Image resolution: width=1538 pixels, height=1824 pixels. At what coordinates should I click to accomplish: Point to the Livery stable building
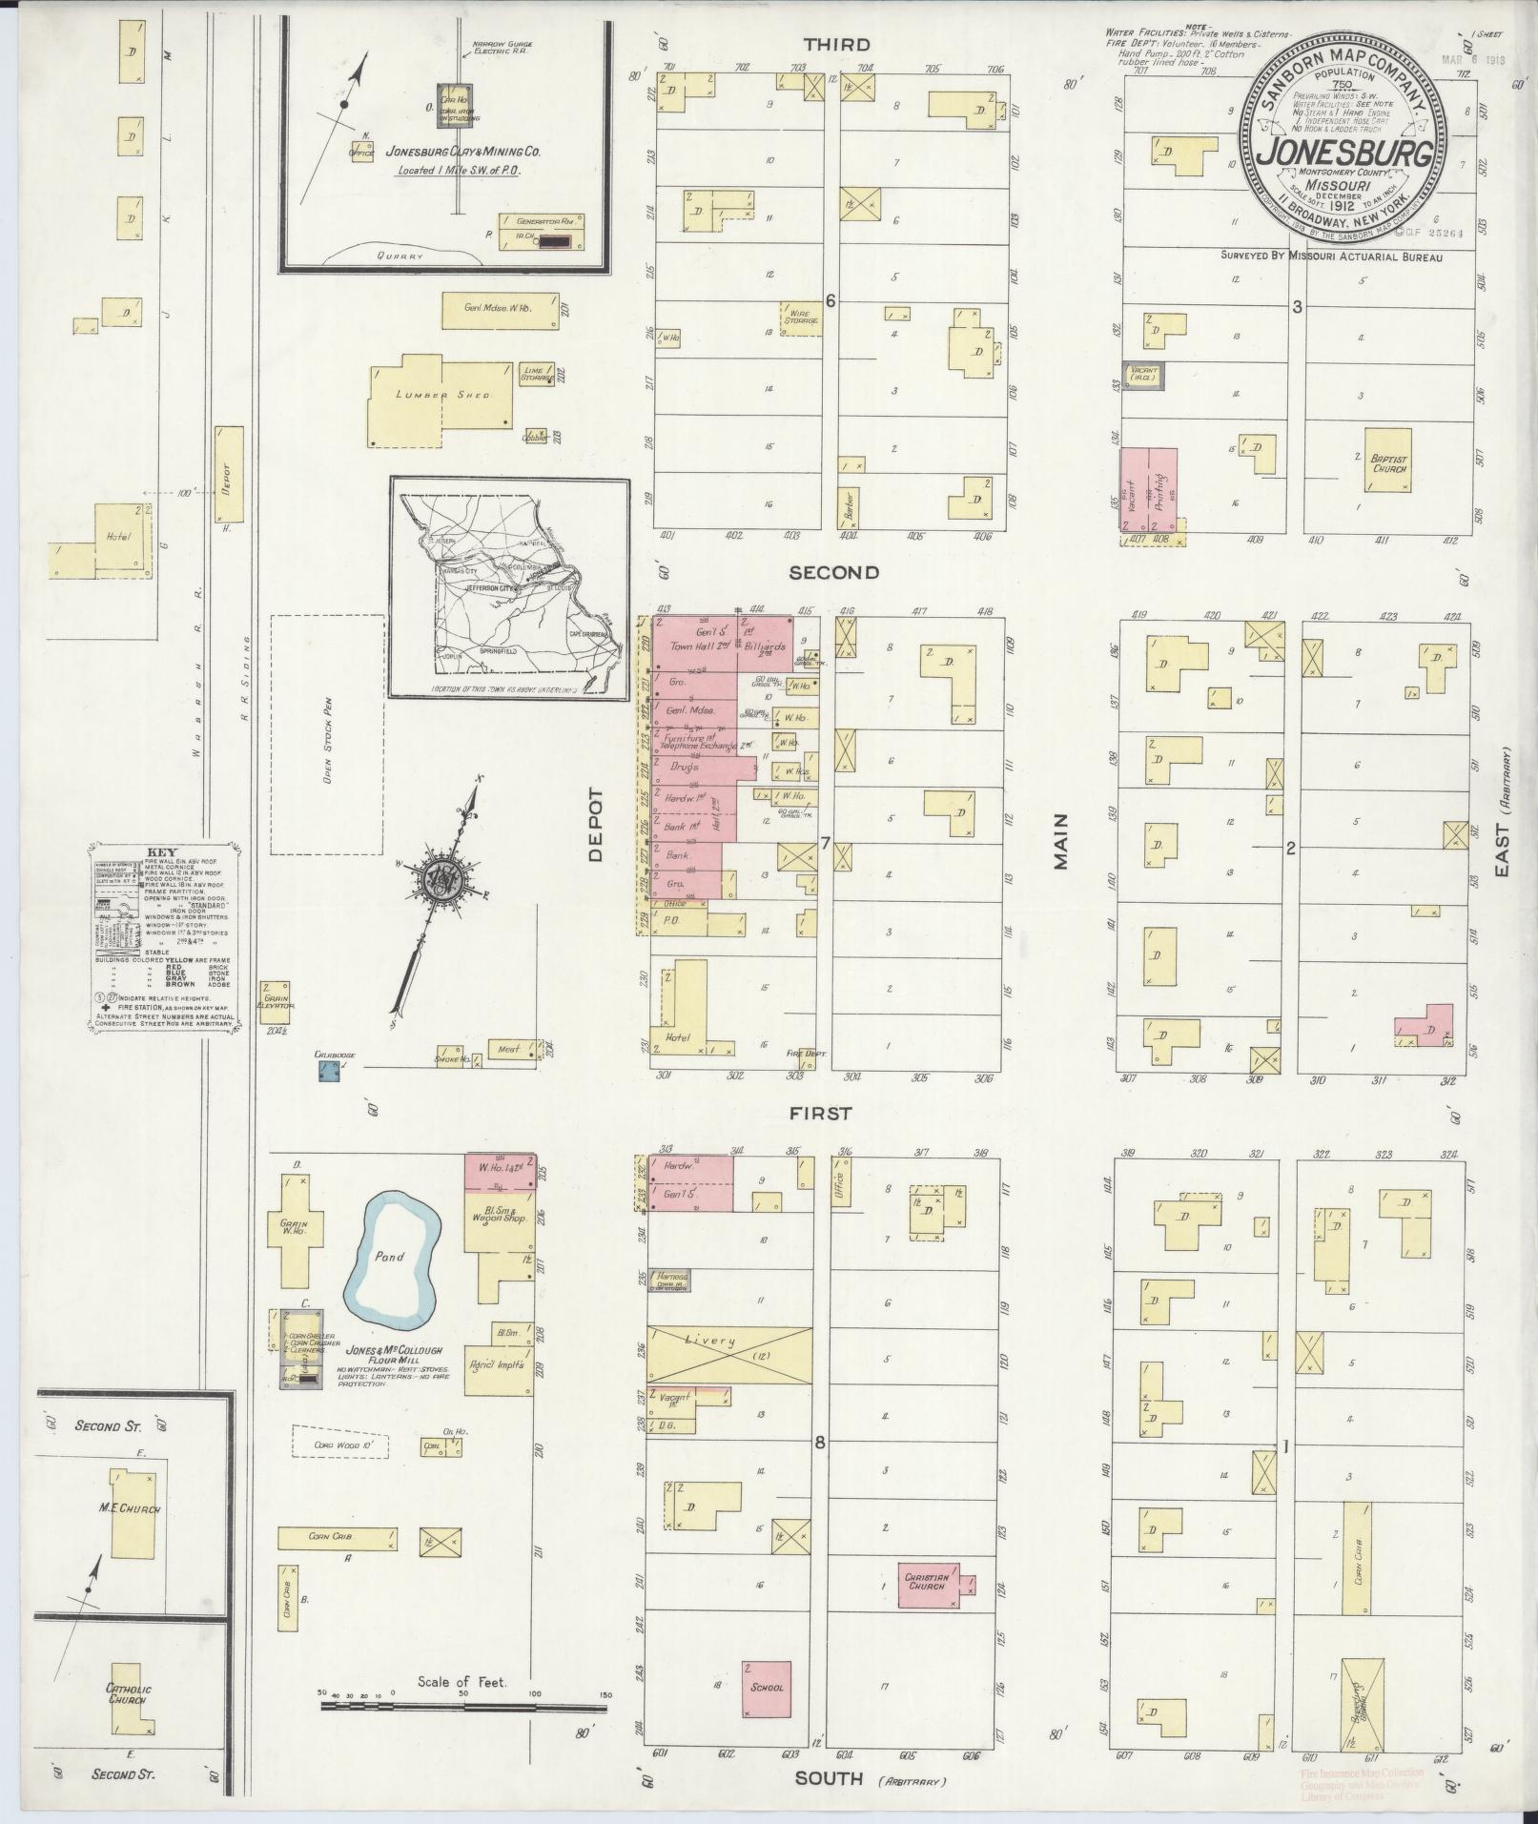point(729,1355)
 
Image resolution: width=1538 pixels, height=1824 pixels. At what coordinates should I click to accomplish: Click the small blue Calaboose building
point(329,1072)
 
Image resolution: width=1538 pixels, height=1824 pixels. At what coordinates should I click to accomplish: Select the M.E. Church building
point(133,1535)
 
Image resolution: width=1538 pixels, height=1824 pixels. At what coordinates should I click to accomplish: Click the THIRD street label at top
point(835,44)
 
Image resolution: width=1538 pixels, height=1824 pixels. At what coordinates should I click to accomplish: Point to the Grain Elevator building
point(275,1001)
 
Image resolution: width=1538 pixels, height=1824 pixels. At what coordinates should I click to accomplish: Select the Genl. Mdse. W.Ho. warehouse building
point(499,310)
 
